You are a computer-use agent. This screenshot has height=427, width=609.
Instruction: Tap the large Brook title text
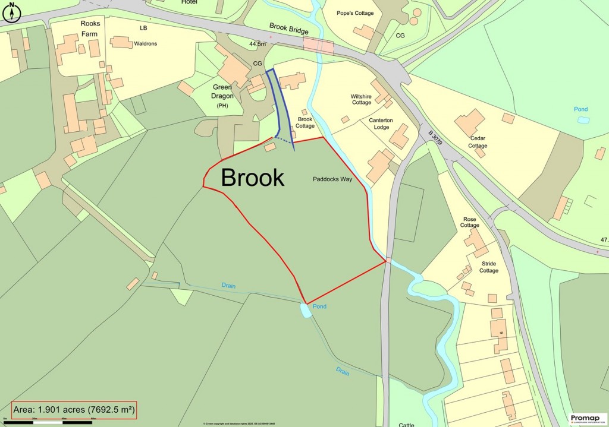pyautogui.click(x=252, y=178)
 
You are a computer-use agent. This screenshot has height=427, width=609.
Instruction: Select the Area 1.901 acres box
pyautogui.click(x=74, y=410)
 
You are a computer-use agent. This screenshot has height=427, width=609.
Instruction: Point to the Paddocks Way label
pyautogui.click(x=332, y=178)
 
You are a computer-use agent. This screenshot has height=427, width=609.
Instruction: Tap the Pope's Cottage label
pyautogui.click(x=355, y=13)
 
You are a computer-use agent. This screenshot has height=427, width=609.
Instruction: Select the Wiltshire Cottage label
pyautogui.click(x=361, y=99)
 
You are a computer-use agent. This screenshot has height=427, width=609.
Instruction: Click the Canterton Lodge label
pyautogui.click(x=381, y=124)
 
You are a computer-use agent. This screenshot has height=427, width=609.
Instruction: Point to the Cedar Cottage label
pyautogui.click(x=478, y=142)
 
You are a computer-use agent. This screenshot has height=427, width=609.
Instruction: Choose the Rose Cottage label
pyautogui.click(x=469, y=222)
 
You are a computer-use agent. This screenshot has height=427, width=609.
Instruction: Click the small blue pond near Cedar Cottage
pyautogui.click(x=583, y=120)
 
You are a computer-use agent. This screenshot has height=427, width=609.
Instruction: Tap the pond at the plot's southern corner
pyautogui.click(x=305, y=310)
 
